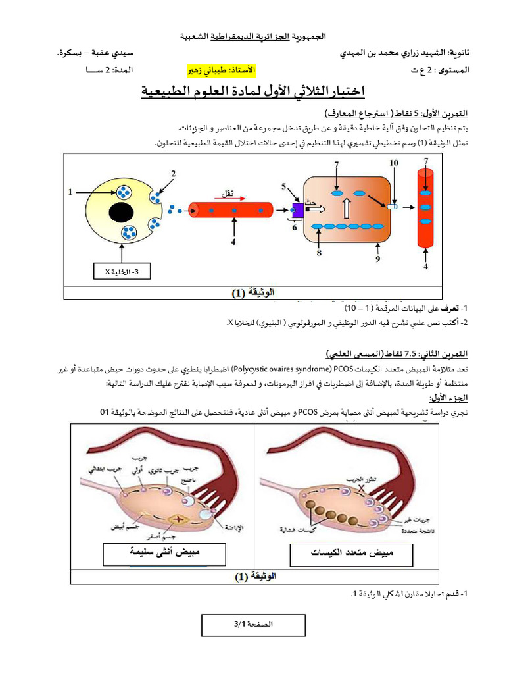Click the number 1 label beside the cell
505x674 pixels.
(70, 192)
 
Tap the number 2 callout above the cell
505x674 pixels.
(174, 174)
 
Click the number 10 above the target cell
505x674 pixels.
(394, 163)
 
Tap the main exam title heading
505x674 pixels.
(252, 90)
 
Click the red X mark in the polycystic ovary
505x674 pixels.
(360, 490)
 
